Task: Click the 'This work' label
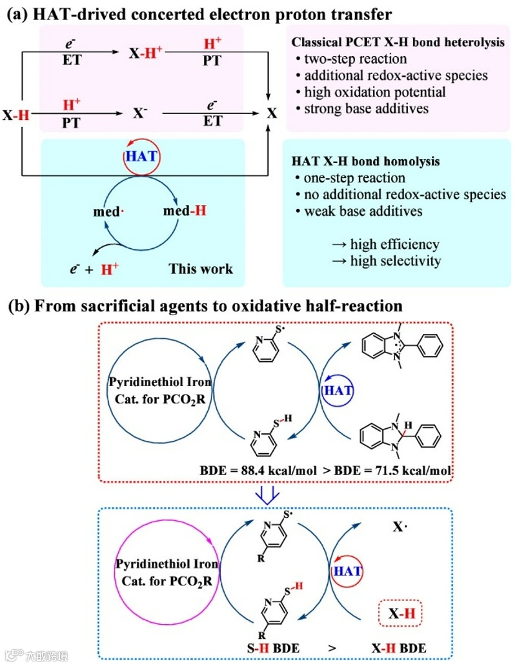pos(200,268)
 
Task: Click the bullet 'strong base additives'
pos(365,108)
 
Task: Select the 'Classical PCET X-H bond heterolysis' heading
pos(398,44)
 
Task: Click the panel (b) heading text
pos(205,306)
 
